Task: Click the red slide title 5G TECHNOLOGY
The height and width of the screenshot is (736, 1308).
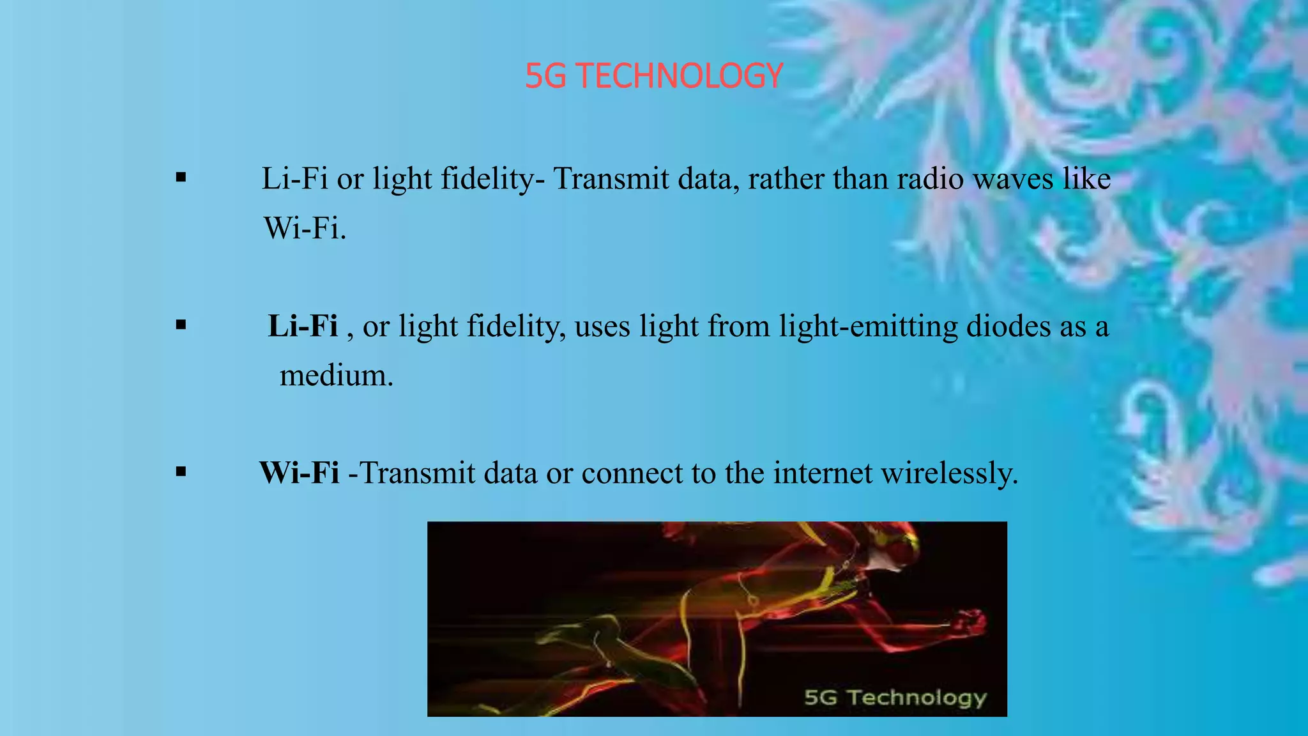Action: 654,76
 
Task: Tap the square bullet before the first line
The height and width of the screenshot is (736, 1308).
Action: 181,178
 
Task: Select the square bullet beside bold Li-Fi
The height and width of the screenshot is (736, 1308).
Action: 181,325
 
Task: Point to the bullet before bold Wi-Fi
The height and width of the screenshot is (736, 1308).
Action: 181,473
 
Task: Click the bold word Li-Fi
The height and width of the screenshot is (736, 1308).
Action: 303,326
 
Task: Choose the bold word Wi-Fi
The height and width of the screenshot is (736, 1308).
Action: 300,473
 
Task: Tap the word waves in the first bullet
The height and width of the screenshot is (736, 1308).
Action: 1013,179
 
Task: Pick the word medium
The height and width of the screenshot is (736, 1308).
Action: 336,375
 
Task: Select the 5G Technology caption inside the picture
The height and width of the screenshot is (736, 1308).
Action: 895,698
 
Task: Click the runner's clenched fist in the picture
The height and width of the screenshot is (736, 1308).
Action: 970,622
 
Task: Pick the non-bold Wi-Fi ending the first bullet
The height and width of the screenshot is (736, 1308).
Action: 305,228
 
